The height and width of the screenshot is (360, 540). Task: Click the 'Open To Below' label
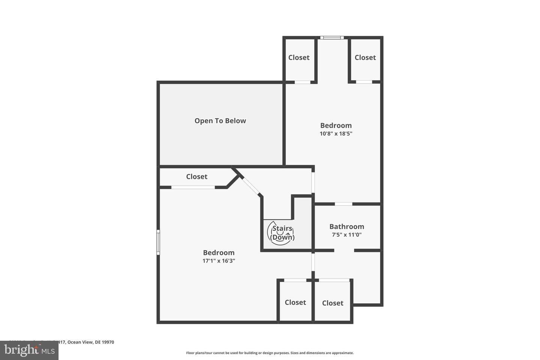pyautogui.click(x=220, y=121)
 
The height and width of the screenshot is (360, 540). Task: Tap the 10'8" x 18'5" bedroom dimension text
pyautogui.click(x=336, y=133)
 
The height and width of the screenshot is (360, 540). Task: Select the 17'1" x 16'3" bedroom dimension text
pyautogui.click(x=219, y=261)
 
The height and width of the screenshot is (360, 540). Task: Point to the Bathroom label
pyautogui.click(x=346, y=226)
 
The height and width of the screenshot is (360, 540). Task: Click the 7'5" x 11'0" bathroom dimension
pyautogui.click(x=346, y=235)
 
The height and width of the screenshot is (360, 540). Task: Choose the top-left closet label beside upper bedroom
pyautogui.click(x=299, y=57)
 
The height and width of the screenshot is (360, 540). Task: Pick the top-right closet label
pyautogui.click(x=365, y=57)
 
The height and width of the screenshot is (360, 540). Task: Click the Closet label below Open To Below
pyautogui.click(x=196, y=177)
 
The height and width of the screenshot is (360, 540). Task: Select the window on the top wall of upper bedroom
pyautogui.click(x=332, y=37)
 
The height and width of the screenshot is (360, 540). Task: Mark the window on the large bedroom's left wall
pyautogui.click(x=158, y=242)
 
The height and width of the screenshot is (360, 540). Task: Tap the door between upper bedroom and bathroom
pyautogui.click(x=343, y=204)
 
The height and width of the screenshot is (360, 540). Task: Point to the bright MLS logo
pyautogui.click(x=29, y=351)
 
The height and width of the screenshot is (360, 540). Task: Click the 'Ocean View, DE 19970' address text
pyautogui.click(x=90, y=342)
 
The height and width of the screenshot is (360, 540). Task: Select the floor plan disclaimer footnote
pyautogui.click(x=270, y=353)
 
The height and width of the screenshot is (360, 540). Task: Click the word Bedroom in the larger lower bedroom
pyautogui.click(x=219, y=253)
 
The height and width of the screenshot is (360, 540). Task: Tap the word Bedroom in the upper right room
pyautogui.click(x=336, y=125)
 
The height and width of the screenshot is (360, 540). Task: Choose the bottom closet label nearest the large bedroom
pyautogui.click(x=295, y=302)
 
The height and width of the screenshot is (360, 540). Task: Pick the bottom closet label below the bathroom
pyautogui.click(x=333, y=303)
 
